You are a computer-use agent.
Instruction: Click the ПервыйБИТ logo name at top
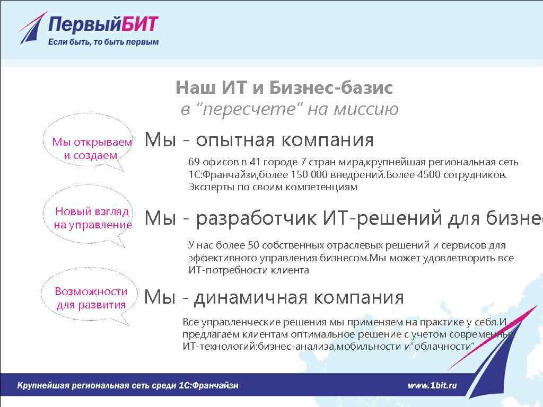103,25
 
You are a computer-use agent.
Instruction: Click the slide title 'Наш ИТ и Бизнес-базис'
284,87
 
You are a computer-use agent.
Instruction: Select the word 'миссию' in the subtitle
365,109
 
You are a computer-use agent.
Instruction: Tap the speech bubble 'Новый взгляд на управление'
92,218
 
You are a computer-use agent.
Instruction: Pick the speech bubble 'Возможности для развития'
91,298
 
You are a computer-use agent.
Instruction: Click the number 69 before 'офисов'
194,162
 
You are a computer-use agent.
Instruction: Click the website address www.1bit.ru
432,385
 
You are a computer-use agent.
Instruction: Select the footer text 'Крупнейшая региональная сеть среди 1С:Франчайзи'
128,385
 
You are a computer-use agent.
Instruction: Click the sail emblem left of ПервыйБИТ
32,29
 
